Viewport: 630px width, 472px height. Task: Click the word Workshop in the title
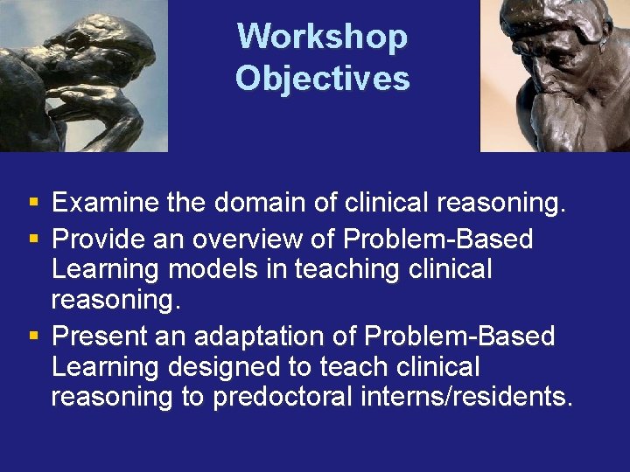click(x=322, y=37)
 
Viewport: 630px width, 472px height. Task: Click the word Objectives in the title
click(x=322, y=79)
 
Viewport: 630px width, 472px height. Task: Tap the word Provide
click(x=99, y=239)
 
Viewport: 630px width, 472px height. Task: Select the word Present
click(x=99, y=336)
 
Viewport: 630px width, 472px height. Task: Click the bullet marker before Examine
click(x=33, y=205)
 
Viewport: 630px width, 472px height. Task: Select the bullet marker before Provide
click(x=33, y=239)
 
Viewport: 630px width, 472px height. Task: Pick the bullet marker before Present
click(x=33, y=336)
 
